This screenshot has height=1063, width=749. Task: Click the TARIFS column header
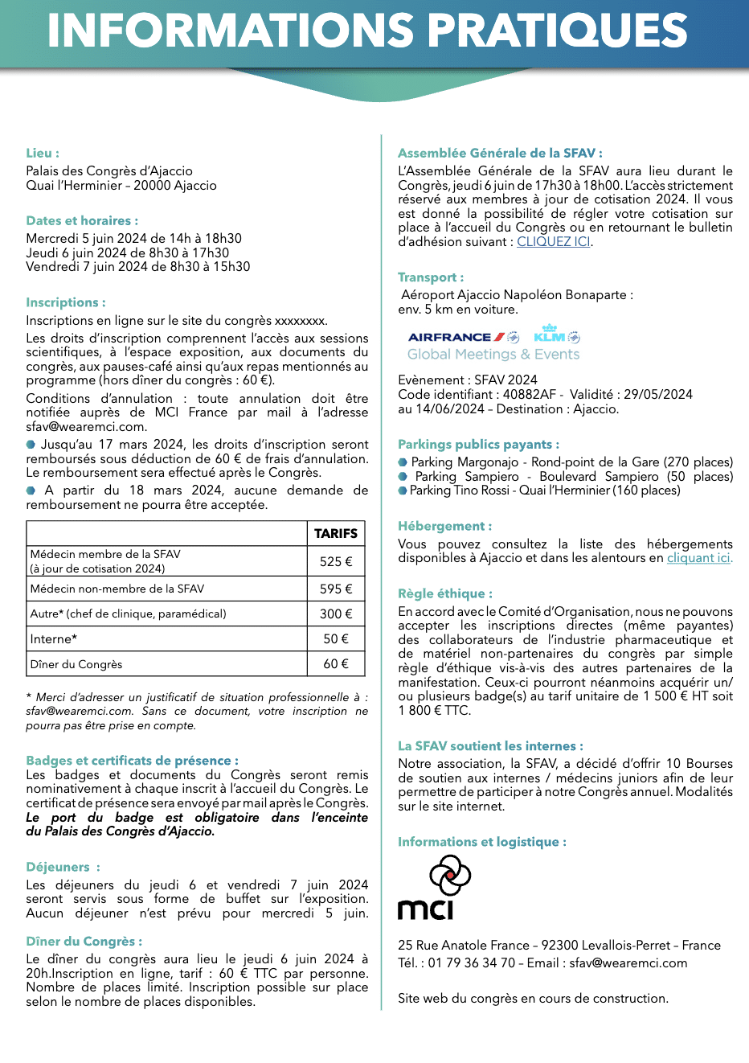[x=336, y=533]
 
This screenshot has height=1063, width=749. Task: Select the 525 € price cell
[x=336, y=561]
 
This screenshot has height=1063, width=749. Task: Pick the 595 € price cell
[x=336, y=589]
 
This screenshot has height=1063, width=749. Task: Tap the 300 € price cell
[x=336, y=614]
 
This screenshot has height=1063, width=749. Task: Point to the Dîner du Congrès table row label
[x=76, y=664]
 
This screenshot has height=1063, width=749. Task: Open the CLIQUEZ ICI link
[x=553, y=241]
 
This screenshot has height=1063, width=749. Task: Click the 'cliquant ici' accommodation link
[x=698, y=558]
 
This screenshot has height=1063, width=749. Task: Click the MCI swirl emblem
[x=450, y=875]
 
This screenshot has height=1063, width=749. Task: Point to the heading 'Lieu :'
[x=43, y=153]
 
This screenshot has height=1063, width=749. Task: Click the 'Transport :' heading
[x=431, y=277]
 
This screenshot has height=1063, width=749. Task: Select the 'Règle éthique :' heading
[x=445, y=593]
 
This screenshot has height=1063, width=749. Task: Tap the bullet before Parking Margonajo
[x=403, y=462]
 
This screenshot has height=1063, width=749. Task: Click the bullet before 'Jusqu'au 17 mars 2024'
[x=31, y=444]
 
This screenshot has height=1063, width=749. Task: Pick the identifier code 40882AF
[x=530, y=395]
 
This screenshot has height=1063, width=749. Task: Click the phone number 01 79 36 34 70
[x=472, y=962]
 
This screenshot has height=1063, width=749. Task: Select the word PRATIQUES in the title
[x=557, y=31]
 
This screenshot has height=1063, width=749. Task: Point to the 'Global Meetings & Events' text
[x=493, y=355]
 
